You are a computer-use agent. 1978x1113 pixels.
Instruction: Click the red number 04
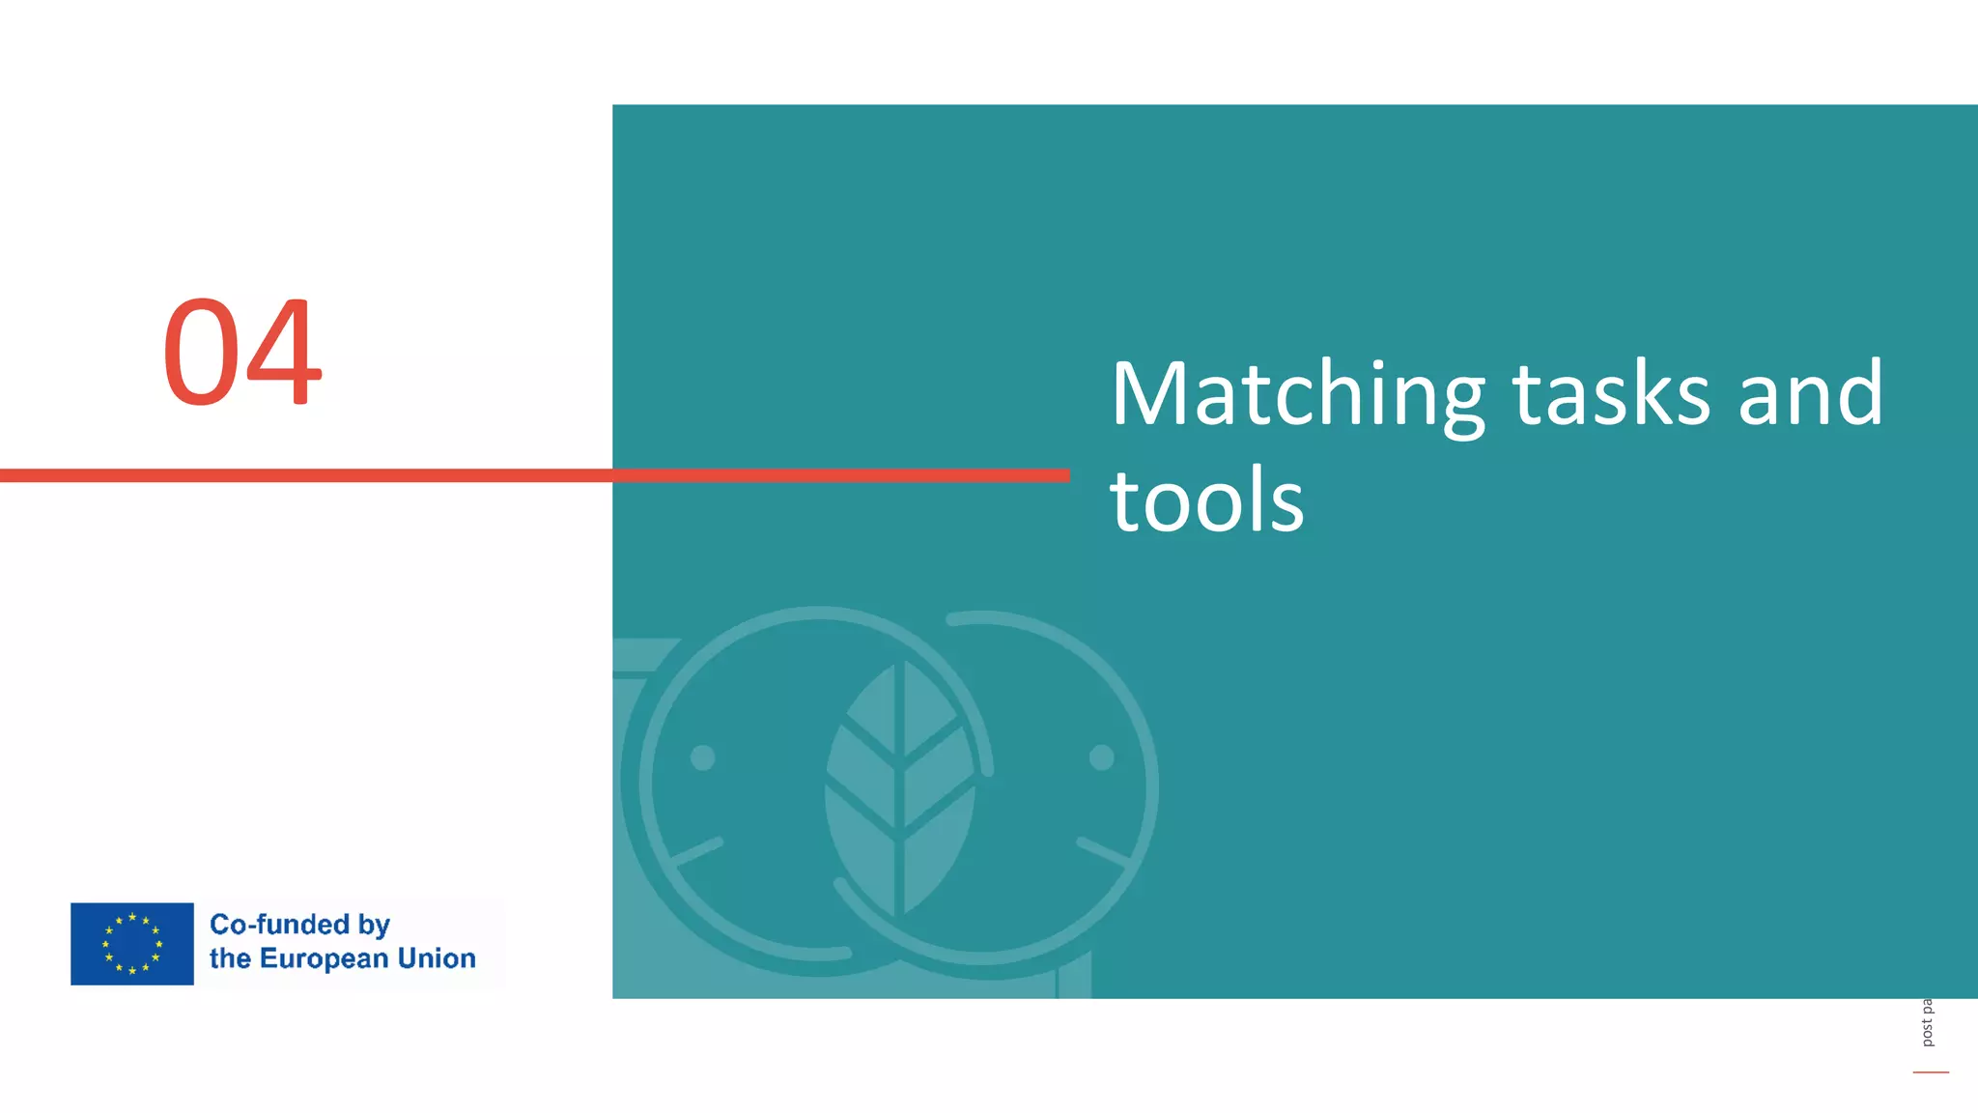pos(241,352)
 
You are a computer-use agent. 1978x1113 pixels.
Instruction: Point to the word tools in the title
pos(1206,500)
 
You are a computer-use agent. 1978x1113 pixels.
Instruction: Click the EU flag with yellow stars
pos(132,944)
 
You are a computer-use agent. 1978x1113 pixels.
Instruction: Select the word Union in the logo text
pos(437,958)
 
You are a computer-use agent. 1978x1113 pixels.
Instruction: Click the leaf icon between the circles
pos(900,787)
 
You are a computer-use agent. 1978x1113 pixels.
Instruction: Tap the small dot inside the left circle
pos(703,757)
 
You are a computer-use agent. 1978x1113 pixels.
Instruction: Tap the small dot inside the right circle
pos(1101,757)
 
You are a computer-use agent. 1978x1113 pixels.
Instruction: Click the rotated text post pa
pos(1927,1022)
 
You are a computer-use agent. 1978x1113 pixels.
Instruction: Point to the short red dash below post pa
pos(1931,1072)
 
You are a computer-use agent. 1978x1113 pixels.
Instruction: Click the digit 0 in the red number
pos(201,352)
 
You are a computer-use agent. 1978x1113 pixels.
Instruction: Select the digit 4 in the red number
pos(284,352)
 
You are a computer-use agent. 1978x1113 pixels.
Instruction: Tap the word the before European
pos(230,958)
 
